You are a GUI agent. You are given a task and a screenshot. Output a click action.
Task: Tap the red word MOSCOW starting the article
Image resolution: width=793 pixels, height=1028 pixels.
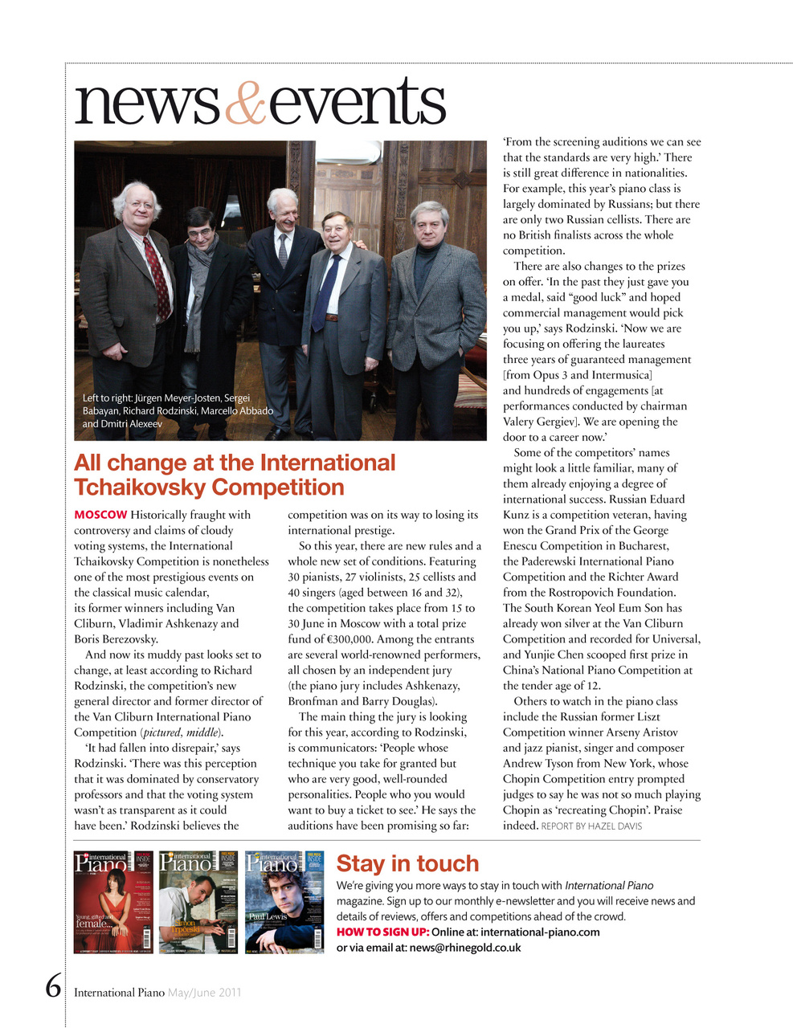(100, 515)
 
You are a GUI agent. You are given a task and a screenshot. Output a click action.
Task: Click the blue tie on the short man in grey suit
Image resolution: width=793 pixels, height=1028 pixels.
(327, 293)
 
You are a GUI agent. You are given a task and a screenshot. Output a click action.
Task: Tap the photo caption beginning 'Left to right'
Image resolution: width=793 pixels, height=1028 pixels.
(178, 410)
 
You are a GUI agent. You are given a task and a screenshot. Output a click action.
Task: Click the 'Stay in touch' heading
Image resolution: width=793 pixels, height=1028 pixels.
(407, 863)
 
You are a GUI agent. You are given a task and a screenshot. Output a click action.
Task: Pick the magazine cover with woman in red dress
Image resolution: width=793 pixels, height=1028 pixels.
(113, 902)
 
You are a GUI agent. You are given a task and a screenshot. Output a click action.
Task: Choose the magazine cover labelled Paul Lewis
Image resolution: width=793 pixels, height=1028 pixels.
(284, 902)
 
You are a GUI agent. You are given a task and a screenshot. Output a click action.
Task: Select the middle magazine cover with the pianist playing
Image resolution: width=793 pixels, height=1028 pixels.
(198, 902)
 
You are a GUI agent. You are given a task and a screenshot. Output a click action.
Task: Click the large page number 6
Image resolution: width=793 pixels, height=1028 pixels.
(53, 985)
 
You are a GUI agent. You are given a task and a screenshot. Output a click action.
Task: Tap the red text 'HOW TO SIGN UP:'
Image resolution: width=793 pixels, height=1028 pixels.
(382, 932)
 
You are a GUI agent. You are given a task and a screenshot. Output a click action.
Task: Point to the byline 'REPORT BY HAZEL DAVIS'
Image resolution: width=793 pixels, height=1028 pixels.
(591, 826)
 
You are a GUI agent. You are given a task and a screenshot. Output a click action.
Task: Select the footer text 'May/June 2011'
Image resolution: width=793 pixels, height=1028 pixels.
(204, 993)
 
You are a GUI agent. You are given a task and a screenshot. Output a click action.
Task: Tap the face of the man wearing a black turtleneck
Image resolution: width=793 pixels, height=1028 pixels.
(429, 224)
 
